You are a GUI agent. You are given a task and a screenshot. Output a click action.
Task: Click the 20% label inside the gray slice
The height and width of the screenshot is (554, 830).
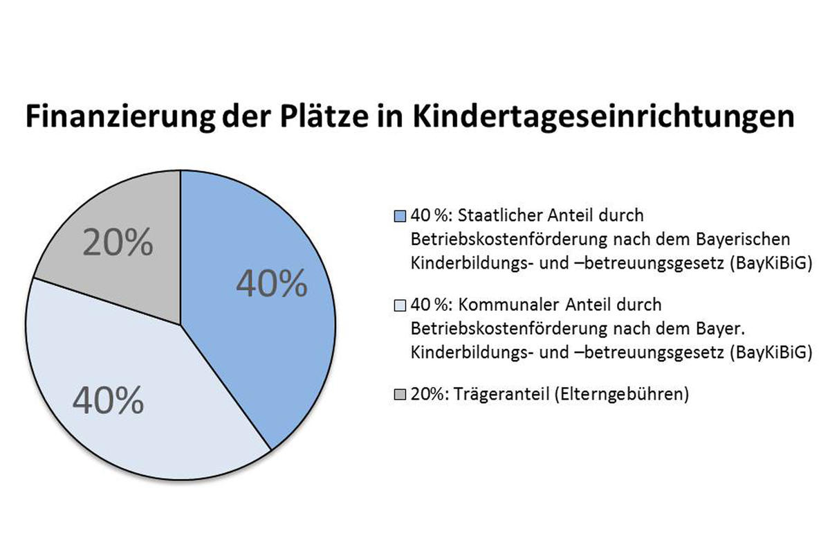coord(118,243)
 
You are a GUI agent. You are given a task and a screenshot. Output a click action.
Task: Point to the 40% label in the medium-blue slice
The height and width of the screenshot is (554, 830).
coord(271,283)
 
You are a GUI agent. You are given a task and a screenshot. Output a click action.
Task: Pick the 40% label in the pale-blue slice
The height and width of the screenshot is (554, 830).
coord(108,400)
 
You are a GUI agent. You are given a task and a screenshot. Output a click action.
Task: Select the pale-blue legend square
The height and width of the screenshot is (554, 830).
coord(399,305)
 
